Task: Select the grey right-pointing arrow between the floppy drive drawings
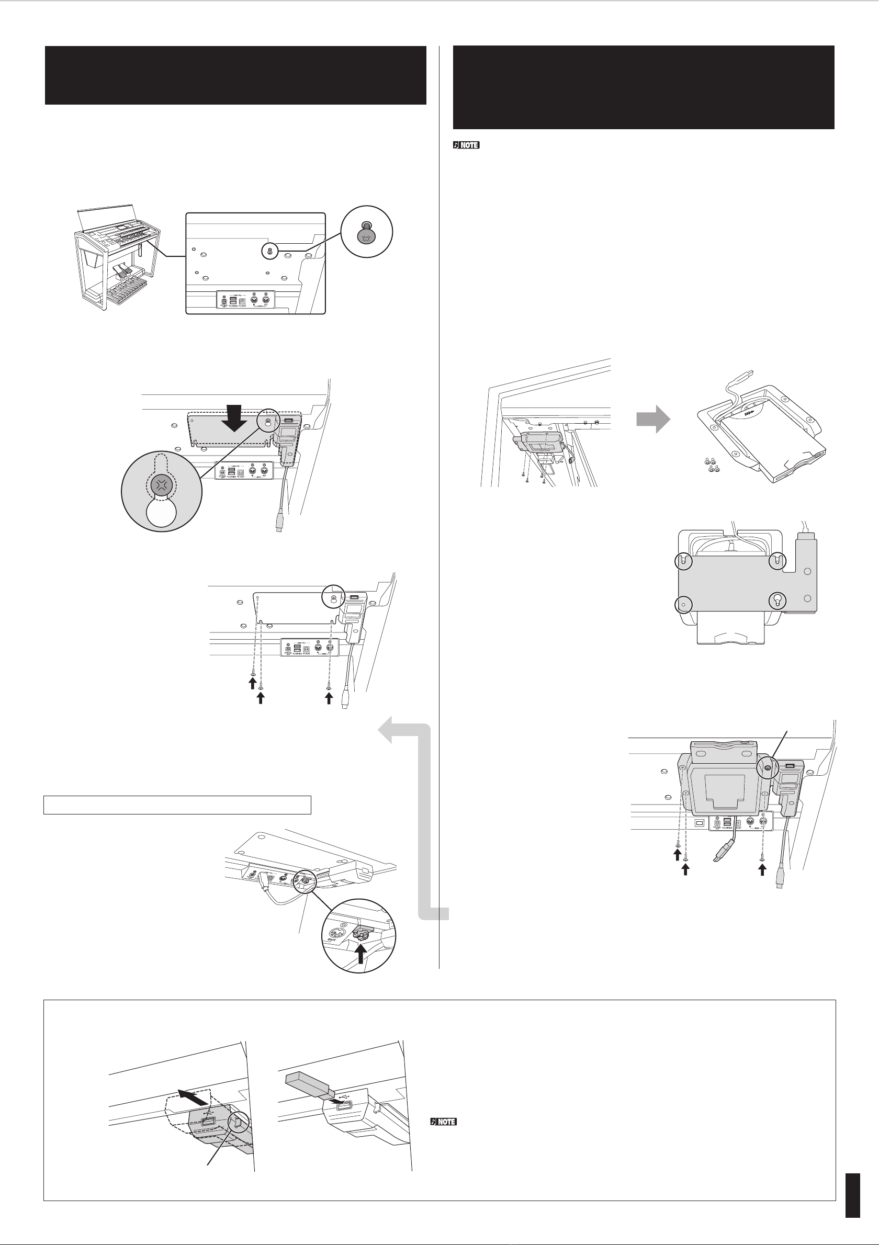pyautogui.click(x=653, y=418)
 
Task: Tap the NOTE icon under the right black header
pyautogui.click(x=466, y=145)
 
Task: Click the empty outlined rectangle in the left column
pyautogui.click(x=177, y=805)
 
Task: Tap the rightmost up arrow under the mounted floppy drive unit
pyautogui.click(x=762, y=869)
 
